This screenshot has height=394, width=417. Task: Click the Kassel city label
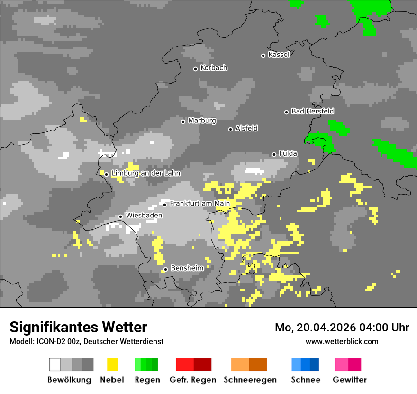pos(279,55)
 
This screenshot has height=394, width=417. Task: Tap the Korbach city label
pos(214,68)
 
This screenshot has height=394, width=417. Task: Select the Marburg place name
pos(202,121)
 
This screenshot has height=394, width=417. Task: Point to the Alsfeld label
pos(246,128)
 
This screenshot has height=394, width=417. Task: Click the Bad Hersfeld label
pos(312,111)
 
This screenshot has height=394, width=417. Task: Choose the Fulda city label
pos(288,153)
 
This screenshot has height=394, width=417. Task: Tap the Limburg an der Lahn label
pos(145,173)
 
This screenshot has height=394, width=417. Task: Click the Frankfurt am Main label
pos(199,204)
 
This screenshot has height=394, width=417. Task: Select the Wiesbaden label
pos(144,216)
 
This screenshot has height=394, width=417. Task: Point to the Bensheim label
pos(187,268)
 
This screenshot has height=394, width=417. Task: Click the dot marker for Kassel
pos(263,56)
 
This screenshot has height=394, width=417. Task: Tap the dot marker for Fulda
pos(274,154)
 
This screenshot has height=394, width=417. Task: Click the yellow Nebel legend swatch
pos(112,365)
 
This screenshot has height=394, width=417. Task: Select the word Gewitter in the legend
pos(349,380)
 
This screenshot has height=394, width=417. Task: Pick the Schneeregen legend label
pos(250,380)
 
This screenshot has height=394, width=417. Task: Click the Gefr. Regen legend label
pos(193,380)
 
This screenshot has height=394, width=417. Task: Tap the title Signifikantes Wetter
pos(78,327)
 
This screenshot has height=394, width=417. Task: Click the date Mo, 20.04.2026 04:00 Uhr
pos(342,328)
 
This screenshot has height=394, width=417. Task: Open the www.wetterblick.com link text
pos(342,341)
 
